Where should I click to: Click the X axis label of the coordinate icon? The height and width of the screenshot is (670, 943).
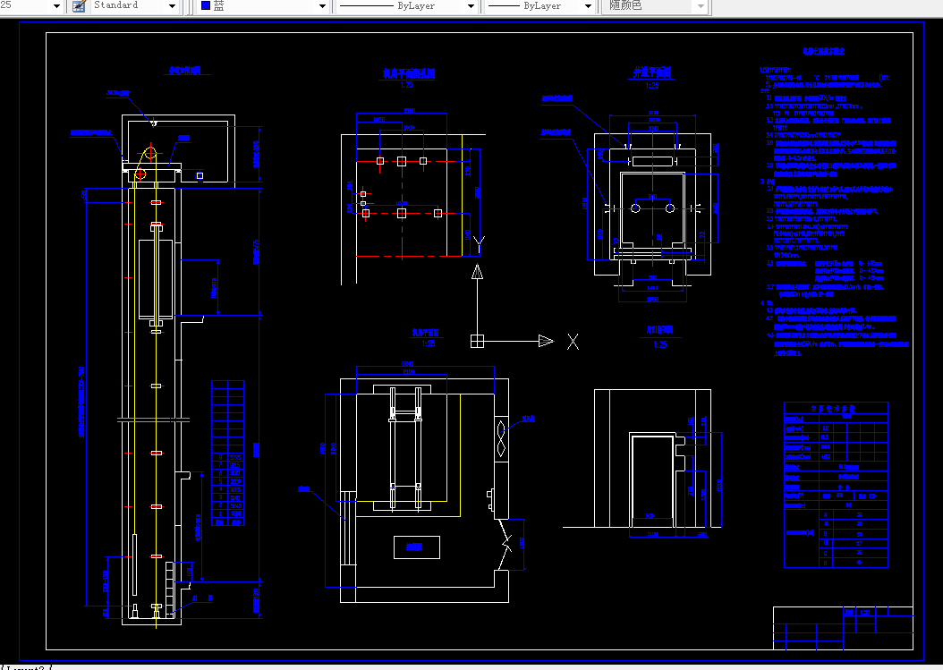[x=573, y=342]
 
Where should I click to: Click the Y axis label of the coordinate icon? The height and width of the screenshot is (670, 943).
[x=479, y=242]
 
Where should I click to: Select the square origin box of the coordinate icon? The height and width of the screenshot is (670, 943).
[x=478, y=341]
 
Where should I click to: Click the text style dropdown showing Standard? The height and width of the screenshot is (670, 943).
[x=135, y=6]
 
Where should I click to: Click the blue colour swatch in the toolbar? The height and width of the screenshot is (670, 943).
[x=206, y=6]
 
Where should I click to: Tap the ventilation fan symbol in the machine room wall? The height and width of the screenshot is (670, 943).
[x=503, y=438]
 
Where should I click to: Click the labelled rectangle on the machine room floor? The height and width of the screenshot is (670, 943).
[x=417, y=547]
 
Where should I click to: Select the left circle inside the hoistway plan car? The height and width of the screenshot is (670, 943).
[x=635, y=208]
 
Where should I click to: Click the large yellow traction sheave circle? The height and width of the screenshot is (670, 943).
[x=152, y=152]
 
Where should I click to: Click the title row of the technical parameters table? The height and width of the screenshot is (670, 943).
[x=836, y=408]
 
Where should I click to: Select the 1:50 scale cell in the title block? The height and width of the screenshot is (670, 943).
[x=864, y=613]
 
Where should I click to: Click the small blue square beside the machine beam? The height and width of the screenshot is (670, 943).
[x=200, y=176]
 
